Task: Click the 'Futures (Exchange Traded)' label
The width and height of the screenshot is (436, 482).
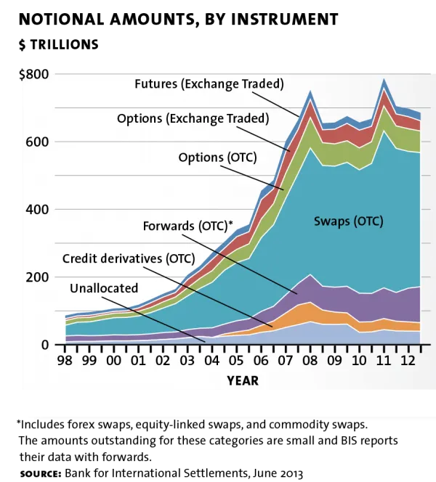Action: [x=209, y=83]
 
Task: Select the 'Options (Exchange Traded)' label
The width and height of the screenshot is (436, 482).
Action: [x=193, y=118]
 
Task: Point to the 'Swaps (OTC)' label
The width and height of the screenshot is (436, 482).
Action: [x=348, y=221]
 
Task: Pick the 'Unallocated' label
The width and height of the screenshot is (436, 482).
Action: [x=104, y=288]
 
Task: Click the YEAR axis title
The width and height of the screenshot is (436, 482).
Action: [x=242, y=380]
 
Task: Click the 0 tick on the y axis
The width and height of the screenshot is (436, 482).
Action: [x=44, y=345]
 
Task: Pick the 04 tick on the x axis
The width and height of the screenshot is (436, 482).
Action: [x=211, y=359]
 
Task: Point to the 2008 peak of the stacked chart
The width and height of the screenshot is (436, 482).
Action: [x=310, y=91]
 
